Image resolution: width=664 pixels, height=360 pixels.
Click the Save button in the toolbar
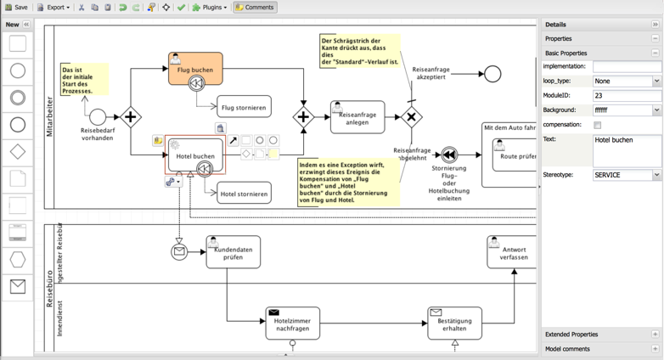click(16, 8)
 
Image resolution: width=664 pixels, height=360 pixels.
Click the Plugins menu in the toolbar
click(209, 8)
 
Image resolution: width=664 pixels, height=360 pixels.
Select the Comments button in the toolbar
click(255, 8)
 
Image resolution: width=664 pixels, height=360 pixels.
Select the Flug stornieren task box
click(244, 108)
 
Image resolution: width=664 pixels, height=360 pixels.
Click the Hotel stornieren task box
click(244, 194)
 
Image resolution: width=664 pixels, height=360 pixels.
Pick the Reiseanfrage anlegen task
click(357, 118)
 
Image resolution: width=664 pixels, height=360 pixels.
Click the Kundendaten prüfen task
click(233, 252)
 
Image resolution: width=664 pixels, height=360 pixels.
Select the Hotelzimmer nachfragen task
click(292, 323)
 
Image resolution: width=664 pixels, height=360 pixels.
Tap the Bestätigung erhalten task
click(454, 323)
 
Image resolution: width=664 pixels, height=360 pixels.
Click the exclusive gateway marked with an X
click(411, 117)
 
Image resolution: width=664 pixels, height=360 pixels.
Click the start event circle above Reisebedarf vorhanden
click(98, 117)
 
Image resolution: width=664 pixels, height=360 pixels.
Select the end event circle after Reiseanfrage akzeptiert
click(492, 74)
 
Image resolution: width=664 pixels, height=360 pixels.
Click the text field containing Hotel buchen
click(627, 149)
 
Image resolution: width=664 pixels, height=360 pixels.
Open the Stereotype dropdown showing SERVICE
click(627, 175)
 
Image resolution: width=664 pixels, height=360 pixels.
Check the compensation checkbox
click(598, 125)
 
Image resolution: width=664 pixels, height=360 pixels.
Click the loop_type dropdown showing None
click(627, 82)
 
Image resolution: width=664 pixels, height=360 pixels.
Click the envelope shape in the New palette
click(18, 287)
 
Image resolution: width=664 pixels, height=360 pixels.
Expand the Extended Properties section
click(655, 335)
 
